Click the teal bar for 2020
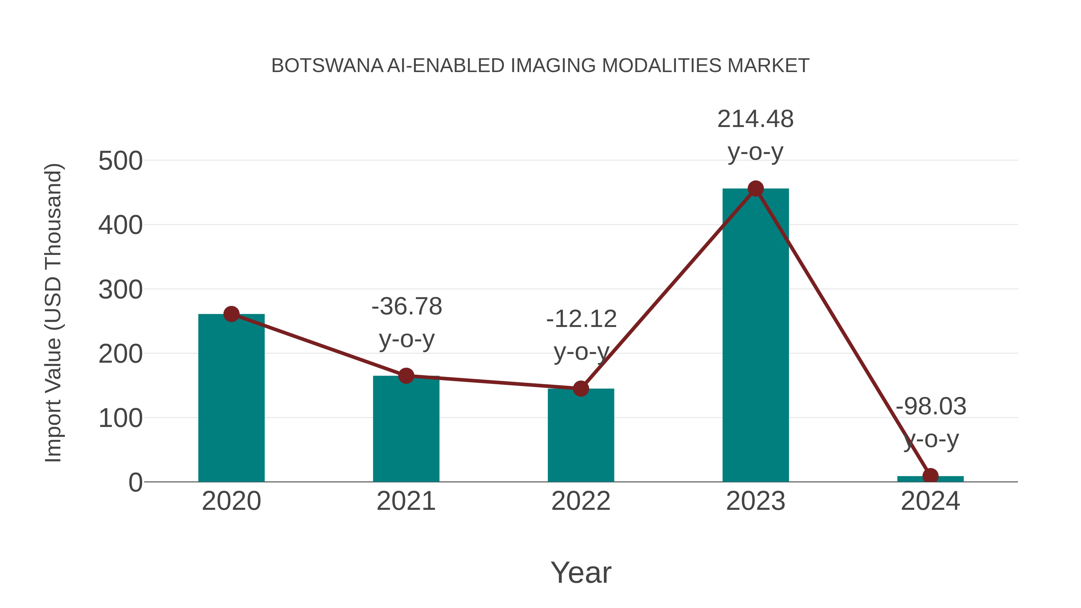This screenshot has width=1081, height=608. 231,399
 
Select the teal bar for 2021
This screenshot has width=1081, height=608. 406,430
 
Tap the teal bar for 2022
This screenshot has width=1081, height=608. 581,436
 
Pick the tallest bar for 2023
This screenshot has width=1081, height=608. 755,336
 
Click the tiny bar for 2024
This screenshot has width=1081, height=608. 930,479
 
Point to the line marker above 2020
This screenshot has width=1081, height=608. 231,314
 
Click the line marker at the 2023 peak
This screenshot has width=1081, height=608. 755,189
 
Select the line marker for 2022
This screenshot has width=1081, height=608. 581,389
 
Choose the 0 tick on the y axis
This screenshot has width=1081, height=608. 135,482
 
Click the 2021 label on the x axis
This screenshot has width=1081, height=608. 406,501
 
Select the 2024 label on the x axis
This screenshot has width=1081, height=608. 930,501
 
